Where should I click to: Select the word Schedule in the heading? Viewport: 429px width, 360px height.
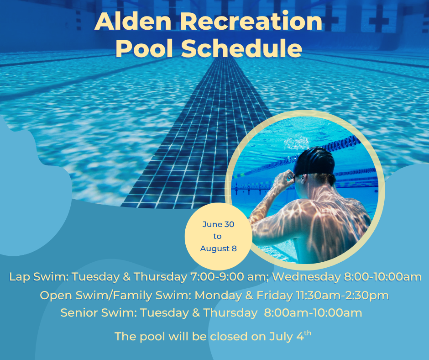[241, 48]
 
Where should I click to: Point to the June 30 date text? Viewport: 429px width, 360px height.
[218, 224]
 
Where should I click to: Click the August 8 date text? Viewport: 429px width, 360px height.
[218, 249]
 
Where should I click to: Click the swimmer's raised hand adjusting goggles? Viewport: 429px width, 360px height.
[284, 178]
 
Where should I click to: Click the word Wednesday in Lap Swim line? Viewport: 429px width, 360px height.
[306, 277]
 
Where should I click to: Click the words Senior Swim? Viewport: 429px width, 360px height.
[99, 312]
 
